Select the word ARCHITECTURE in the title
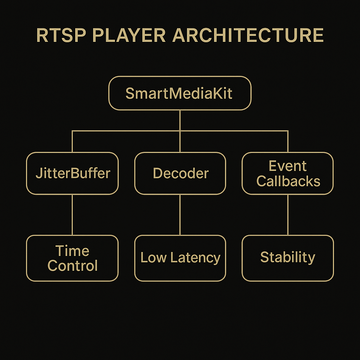pyautogui.click(x=248, y=36)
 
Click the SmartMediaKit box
pyautogui.click(x=180, y=93)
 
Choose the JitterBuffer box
pyautogui.click(x=72, y=173)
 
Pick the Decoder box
pyautogui.click(x=180, y=173)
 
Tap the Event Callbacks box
pyautogui.click(x=288, y=173)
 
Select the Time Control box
pyautogui.click(x=72, y=258)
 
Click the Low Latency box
pyautogui.click(x=180, y=258)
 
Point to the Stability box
pyautogui.click(x=288, y=258)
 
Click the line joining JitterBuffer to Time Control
pyautogui.click(x=72, y=214)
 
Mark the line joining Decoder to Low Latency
pyautogui.click(x=180, y=214)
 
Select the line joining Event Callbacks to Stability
pyautogui.click(x=288, y=214)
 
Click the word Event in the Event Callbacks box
pyautogui.click(x=288, y=166)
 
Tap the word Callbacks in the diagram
pyautogui.click(x=288, y=181)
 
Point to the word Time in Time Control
pyautogui.click(x=72, y=251)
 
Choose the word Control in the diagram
pyautogui.click(x=72, y=266)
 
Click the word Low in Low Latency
pyautogui.click(x=154, y=258)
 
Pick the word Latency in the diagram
pyautogui.click(x=195, y=258)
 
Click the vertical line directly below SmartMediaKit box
pyautogui.click(x=180, y=120)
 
